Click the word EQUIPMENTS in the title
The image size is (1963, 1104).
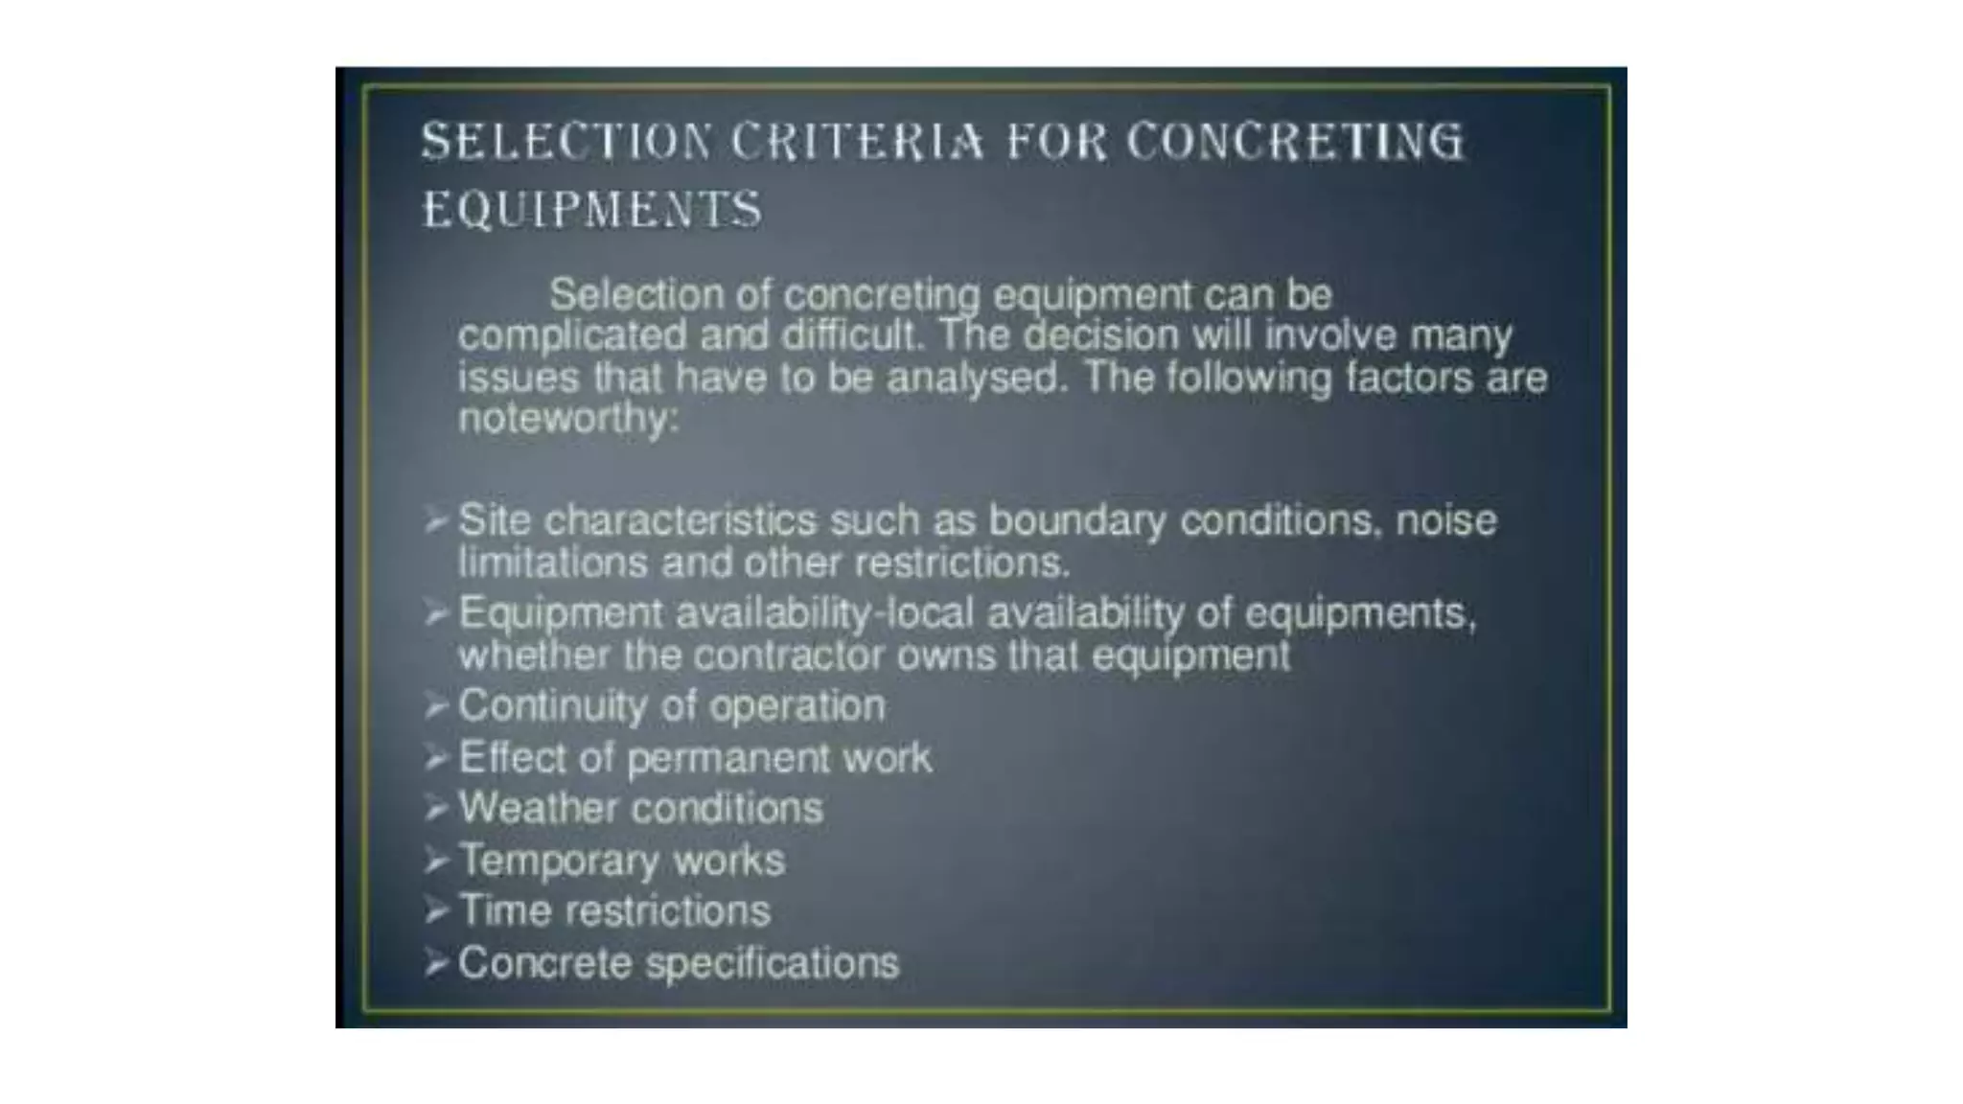click(592, 210)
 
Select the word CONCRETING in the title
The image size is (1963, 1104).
click(1295, 142)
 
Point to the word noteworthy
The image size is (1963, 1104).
click(567, 419)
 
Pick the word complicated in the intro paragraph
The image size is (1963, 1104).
click(572, 336)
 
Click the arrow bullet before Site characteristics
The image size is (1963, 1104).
click(436, 521)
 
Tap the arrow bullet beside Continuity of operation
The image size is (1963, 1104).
click(436, 706)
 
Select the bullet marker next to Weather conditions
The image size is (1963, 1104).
click(436, 809)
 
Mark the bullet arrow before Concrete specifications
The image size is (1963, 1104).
click(436, 963)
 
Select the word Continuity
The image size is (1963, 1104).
click(553, 706)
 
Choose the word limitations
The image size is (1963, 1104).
click(552, 563)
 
